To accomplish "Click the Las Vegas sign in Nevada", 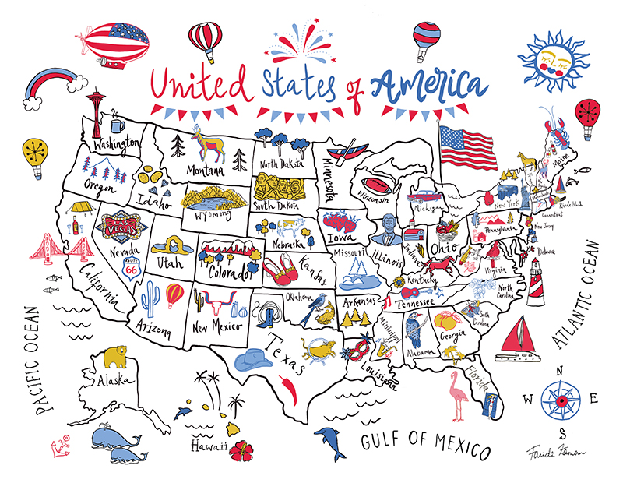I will [x=122, y=223].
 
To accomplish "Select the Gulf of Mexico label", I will [x=425, y=445].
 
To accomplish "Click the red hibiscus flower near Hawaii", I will [x=242, y=449].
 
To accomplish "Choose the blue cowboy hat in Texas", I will [x=255, y=360].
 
